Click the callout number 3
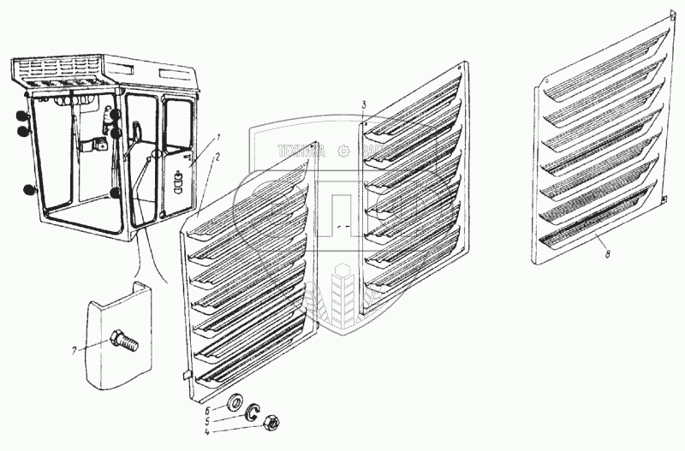(x=364, y=104)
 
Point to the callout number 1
(x=218, y=138)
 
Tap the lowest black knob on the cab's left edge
(x=30, y=189)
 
